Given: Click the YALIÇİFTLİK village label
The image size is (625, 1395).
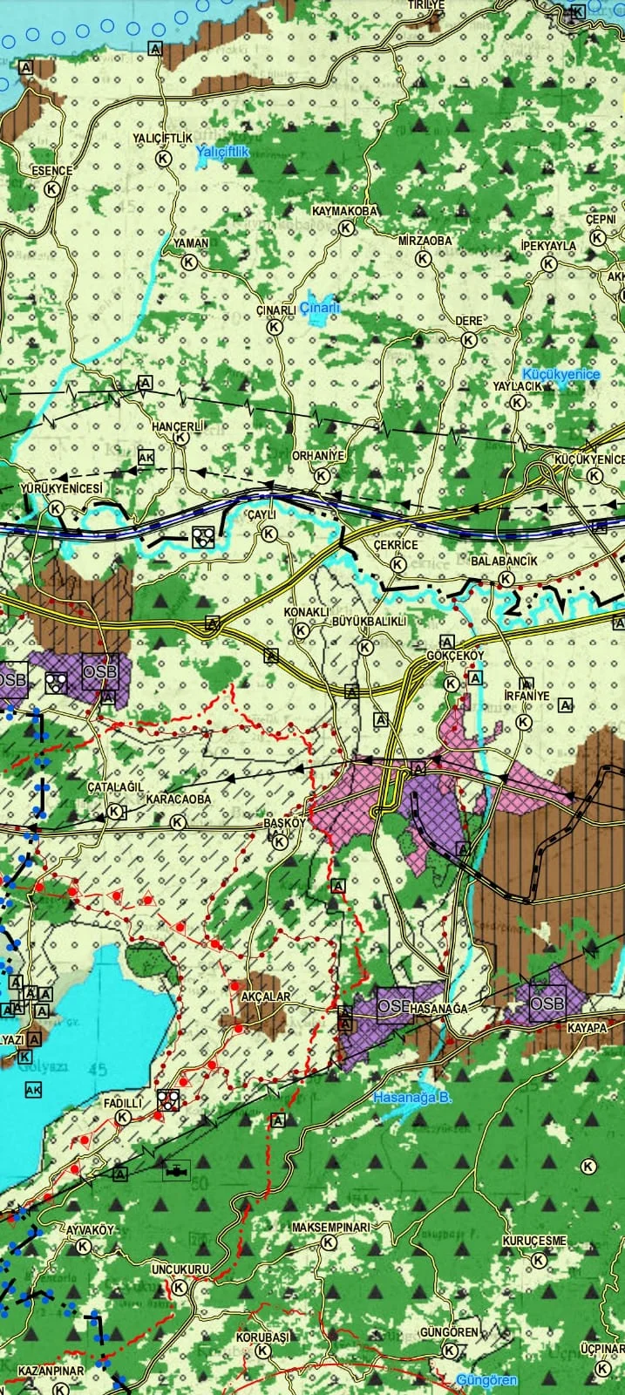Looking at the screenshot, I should tap(162, 139).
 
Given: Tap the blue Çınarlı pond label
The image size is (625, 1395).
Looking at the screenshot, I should tap(319, 307).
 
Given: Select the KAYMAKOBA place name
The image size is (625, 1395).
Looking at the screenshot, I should tap(345, 212).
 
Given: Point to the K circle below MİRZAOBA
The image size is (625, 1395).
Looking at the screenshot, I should tap(423, 259).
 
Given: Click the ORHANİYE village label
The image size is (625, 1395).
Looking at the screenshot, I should tap(319, 456).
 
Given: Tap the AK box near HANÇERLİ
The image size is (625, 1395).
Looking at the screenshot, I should tap(146, 457).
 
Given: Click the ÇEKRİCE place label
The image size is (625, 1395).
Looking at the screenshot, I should tap(396, 545).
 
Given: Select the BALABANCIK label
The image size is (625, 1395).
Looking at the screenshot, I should tap(504, 561).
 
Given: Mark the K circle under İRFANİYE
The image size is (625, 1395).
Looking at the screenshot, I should tap(523, 722).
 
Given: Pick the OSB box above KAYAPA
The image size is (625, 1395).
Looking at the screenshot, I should tap(547, 1003).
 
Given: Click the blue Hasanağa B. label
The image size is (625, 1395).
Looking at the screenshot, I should tap(412, 1098).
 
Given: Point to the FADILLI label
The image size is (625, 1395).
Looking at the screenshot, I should tap(122, 1103).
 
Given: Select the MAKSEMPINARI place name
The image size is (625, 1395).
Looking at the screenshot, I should tap(330, 1227).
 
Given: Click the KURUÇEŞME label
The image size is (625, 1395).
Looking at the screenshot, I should tap(534, 1241).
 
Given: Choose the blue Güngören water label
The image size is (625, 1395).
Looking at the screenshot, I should tap(487, 1380).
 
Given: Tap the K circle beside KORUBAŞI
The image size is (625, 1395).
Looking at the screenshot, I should tap(263, 1351).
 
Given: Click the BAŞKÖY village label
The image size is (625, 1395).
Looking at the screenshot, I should tap(284, 823).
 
